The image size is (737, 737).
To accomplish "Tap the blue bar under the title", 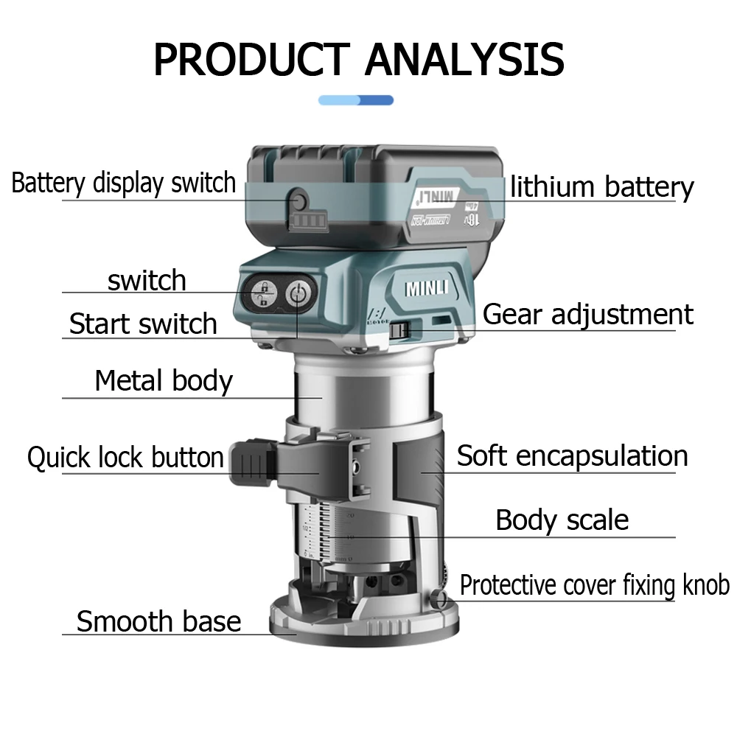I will point(356,100).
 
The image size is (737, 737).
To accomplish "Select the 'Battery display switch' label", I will point(124,183).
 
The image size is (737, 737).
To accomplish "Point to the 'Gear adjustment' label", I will point(587,315).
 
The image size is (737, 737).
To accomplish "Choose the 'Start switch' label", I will point(143,324).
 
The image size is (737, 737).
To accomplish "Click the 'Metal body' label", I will point(164,381).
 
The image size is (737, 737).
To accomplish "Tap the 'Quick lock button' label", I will point(125,457).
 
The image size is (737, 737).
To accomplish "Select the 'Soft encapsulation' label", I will point(572,455).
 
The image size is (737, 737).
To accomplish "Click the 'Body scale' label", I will point(562,520).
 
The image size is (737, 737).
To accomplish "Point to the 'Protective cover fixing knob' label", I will point(594,585).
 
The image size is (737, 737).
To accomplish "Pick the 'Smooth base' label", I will point(158,621).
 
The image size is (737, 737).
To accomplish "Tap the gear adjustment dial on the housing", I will point(399,330).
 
